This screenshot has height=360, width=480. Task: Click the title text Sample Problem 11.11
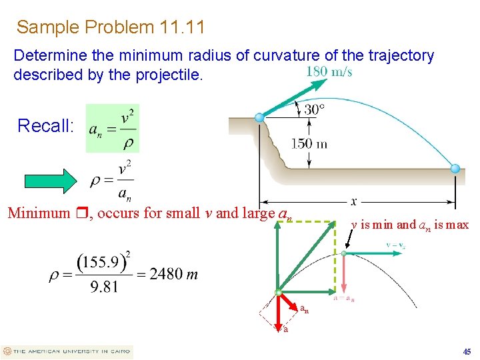pos(111,27)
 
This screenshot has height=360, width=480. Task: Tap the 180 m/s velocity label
pos(329,72)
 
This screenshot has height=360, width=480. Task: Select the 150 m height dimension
pos(309,143)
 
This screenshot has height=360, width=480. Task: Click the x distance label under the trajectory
pos(353,201)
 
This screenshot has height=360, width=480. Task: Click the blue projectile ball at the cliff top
pos(260,118)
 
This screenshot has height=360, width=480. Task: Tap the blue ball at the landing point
pos(455,169)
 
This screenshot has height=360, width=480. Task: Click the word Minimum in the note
pos(38,214)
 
